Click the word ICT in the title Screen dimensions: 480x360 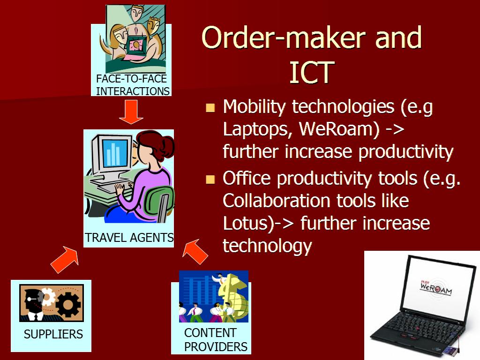coord(312,72)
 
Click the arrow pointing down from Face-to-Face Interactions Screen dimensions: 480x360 coord(131,112)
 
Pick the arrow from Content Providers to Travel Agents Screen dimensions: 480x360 coord(195,251)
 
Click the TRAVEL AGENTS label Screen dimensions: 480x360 coord(129,238)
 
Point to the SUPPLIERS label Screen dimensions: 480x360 coord(53,334)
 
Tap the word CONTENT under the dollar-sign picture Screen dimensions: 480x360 coord(210,332)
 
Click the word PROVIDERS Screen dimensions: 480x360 coord(216,347)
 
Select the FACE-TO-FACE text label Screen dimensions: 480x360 coord(131,79)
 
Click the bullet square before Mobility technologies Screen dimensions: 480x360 coord(210,108)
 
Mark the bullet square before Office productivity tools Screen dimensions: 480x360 coord(210,180)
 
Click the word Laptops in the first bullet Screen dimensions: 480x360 coord(255,129)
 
